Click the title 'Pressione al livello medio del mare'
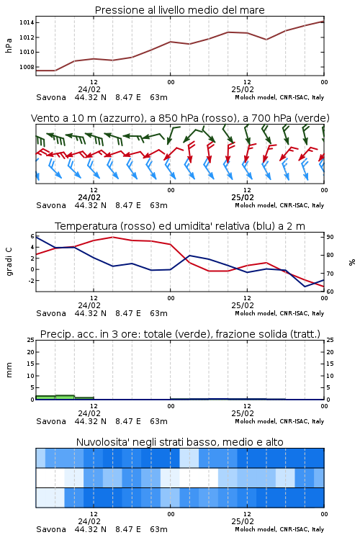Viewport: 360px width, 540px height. pyautogui.click(x=180, y=10)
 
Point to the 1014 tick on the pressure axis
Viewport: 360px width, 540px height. pyautogui.click(x=27, y=23)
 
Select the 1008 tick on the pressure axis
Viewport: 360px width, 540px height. pyautogui.click(x=27, y=67)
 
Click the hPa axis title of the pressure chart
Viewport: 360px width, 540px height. pyautogui.click(x=9, y=45)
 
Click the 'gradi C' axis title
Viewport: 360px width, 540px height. pyautogui.click(x=9, y=262)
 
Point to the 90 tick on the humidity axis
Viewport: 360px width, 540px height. pyautogui.click(x=330, y=237)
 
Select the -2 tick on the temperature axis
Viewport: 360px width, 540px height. pyautogui.click(x=31, y=281)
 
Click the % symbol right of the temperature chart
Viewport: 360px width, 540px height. pyautogui.click(x=352, y=262)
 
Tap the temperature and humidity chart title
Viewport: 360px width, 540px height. pyautogui.click(x=180, y=226)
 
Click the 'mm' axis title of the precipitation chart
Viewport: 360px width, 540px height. pyautogui.click(x=9, y=370)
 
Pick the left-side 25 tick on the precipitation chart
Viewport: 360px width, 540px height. pyautogui.click(x=31, y=340)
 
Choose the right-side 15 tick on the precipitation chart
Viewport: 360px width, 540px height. pyautogui.click(x=330, y=364)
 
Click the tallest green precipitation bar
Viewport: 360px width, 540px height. pyautogui.click(x=65, y=397)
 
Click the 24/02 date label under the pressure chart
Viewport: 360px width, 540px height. pyautogui.click(x=89, y=89)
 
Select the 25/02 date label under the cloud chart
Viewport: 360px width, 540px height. pyautogui.click(x=243, y=521)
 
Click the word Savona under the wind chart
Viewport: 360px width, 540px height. pyautogui.click(x=51, y=206)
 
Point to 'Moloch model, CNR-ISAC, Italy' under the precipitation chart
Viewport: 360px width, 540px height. pyautogui.click(x=279, y=421)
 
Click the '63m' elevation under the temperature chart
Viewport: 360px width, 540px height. pyautogui.click(x=159, y=313)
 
